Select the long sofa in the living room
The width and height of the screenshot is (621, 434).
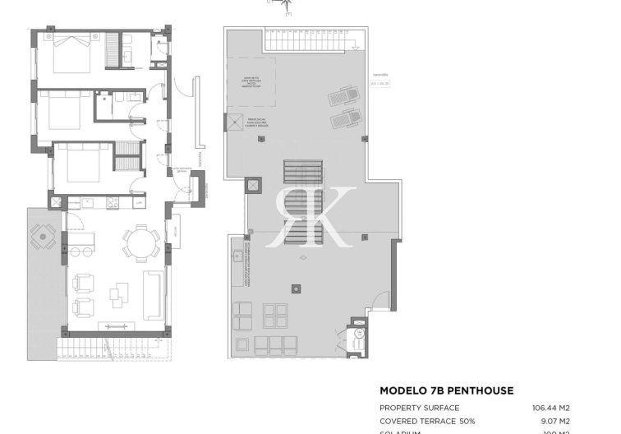pyautogui.click(x=152, y=294)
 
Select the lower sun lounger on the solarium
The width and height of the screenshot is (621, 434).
pyautogui.click(x=344, y=121)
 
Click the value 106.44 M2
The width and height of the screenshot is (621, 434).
pyautogui.click(x=554, y=408)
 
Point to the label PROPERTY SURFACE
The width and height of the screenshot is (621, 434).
pyautogui.click(x=419, y=408)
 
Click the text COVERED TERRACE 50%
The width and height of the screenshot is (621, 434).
pyautogui.click(x=427, y=420)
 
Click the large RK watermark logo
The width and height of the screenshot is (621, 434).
pyautogui.click(x=313, y=215)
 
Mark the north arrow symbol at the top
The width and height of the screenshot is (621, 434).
pyautogui.click(x=284, y=7)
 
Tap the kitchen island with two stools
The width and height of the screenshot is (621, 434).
pyautogui.click(x=82, y=242)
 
